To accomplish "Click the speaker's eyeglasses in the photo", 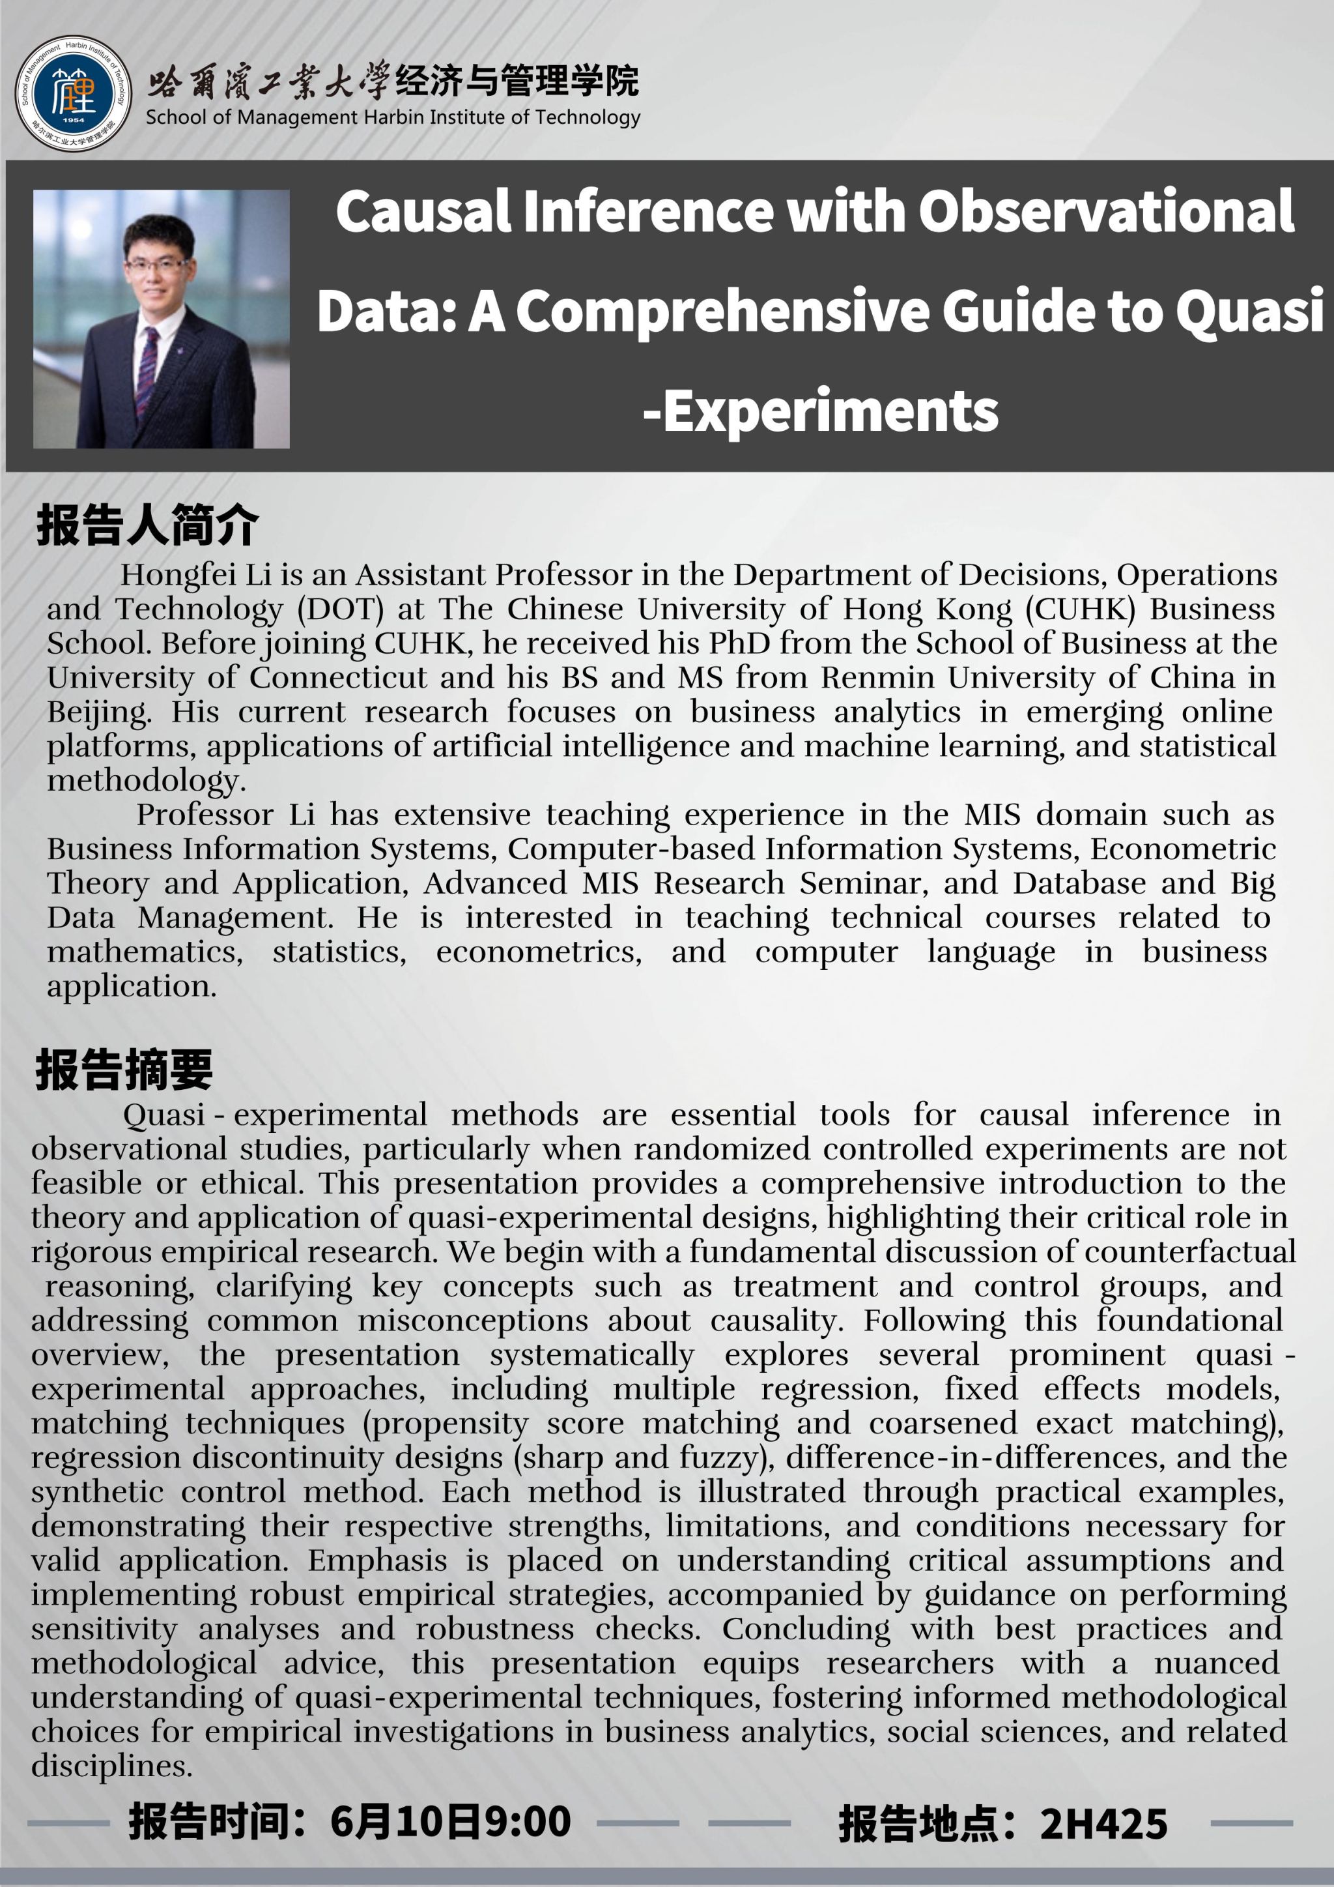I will pyautogui.click(x=156, y=265).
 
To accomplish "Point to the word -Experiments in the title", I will pyautogui.click(x=820, y=411).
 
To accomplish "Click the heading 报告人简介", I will pyautogui.click(x=147, y=526).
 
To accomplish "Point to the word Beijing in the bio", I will pyautogui.click(x=98, y=712).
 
